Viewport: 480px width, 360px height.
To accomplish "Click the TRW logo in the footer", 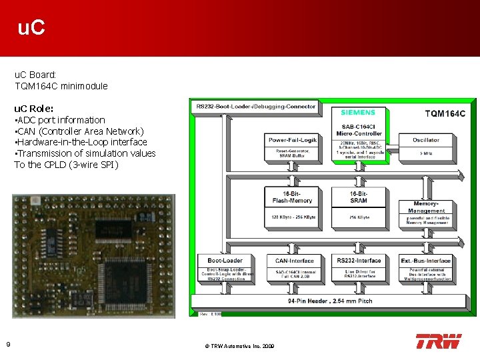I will click(438, 341).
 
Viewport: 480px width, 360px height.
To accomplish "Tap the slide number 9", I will click(7, 344).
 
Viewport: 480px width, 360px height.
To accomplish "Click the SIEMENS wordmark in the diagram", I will click(358, 113).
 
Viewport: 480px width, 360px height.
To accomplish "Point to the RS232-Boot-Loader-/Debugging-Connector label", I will click(254, 106).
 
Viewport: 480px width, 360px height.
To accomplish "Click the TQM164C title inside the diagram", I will click(445, 113).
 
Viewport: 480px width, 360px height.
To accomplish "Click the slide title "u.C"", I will click(31, 28).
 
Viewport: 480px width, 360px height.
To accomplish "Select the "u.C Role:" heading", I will click(34, 108).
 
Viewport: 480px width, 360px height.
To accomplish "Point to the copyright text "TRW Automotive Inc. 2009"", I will click(239, 346).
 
